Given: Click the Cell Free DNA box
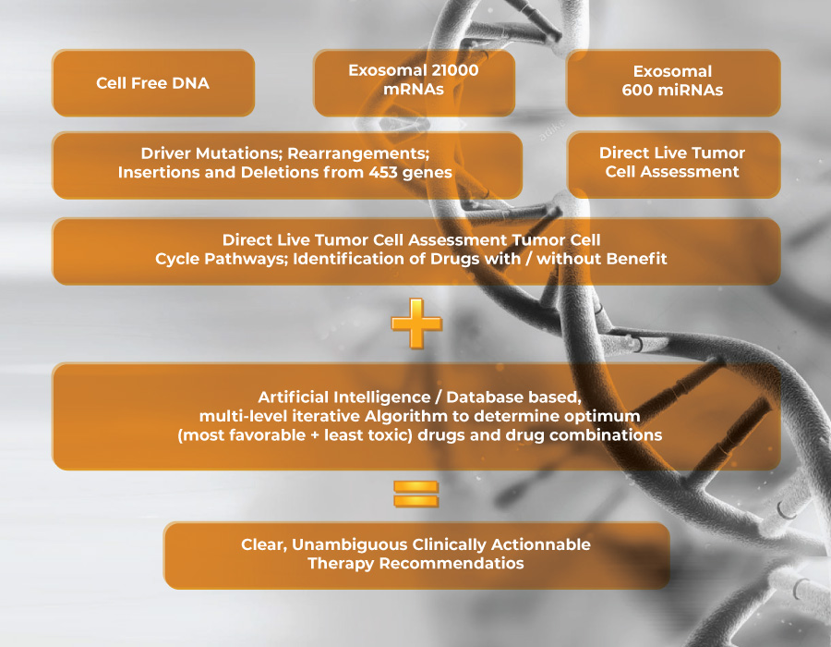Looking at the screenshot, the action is [x=153, y=83].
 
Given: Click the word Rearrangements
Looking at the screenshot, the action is [x=357, y=153].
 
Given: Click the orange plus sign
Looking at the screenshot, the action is [x=416, y=323].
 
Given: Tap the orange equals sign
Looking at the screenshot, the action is [x=416, y=494].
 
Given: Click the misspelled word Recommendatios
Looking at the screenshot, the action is [x=452, y=563].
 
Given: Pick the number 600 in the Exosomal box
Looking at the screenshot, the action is [x=637, y=91].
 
